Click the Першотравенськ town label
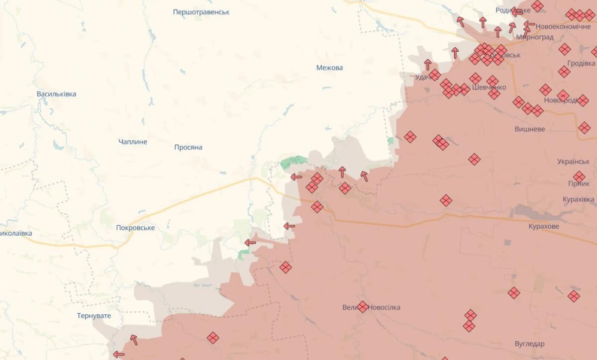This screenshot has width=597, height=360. [x=201, y=12]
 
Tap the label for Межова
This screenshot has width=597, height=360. [x=329, y=68]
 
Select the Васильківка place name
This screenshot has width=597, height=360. [x=56, y=94]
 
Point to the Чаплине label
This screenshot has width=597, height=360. [x=133, y=142]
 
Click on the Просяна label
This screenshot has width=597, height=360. [x=188, y=147]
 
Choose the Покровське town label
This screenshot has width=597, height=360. [x=135, y=228]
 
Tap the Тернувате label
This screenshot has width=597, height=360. [x=94, y=316]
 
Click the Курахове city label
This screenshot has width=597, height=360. [x=544, y=226]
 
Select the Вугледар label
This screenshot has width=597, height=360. [x=529, y=344]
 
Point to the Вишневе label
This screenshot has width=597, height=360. [x=529, y=129]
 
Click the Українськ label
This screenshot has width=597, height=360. [x=573, y=162]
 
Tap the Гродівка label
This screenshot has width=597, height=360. [x=581, y=64]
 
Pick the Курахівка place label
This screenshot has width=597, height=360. [x=578, y=199]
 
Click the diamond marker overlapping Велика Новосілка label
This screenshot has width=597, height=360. [x=363, y=307]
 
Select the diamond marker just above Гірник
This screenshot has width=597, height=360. [x=579, y=177]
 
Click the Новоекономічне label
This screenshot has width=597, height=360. [x=563, y=26]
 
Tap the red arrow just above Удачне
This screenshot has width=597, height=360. [x=428, y=64]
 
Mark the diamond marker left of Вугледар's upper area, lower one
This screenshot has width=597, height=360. [x=469, y=326]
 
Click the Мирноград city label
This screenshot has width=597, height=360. [x=535, y=37]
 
